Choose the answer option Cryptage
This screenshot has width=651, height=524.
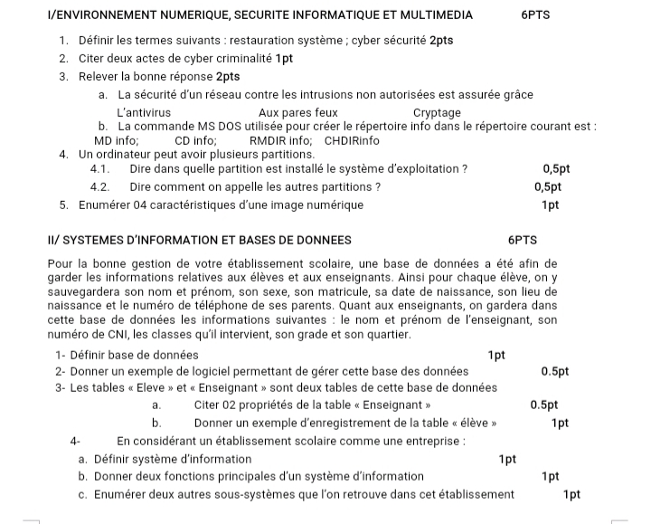[437, 113]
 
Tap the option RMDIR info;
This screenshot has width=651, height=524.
[280, 141]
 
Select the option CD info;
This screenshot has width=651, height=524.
[195, 141]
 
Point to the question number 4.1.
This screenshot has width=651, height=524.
[100, 169]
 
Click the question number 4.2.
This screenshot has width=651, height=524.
[100, 187]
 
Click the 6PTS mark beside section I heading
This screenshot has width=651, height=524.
[536, 15]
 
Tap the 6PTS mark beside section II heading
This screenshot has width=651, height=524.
[523, 241]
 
